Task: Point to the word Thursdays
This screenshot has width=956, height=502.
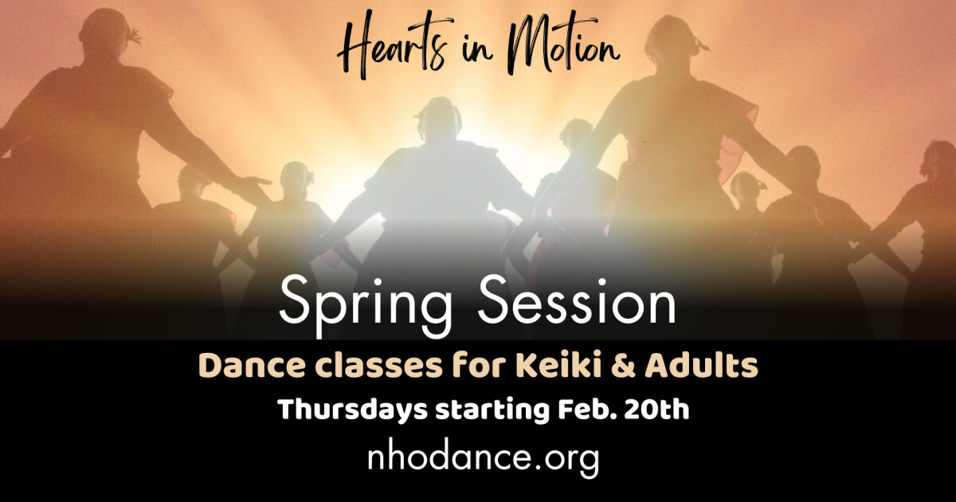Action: click(x=351, y=411)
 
